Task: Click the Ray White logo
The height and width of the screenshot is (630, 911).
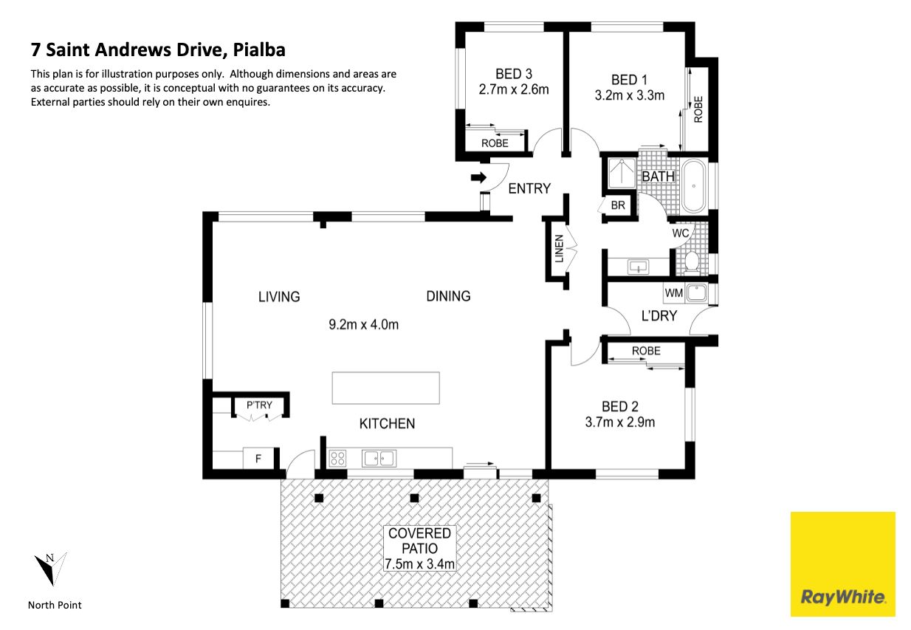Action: (842, 564)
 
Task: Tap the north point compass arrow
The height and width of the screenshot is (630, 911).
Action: (50, 569)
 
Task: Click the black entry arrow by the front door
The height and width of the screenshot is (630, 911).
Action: (478, 177)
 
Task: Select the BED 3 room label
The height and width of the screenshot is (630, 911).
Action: (514, 74)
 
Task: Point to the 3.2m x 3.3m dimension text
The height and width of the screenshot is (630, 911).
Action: (630, 95)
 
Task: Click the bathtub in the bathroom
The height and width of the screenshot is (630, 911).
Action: (694, 186)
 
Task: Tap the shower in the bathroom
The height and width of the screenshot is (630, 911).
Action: (622, 174)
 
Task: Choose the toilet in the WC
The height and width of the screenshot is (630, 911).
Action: (691, 261)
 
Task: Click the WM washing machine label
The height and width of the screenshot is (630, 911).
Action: (673, 293)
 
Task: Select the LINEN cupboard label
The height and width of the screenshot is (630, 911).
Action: (559, 249)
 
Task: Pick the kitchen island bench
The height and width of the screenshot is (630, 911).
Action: (385, 388)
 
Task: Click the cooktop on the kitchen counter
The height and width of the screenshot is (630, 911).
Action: (337, 458)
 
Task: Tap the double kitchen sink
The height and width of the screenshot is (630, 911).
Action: (379, 458)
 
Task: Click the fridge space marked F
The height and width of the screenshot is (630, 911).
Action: (258, 459)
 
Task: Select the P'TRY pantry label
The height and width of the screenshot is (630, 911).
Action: (259, 405)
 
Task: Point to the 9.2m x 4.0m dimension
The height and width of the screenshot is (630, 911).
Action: (363, 324)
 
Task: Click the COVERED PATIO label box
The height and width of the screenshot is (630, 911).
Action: (420, 548)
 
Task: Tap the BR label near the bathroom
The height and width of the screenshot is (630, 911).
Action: (618, 205)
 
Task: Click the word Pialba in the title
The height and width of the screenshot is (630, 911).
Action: (259, 50)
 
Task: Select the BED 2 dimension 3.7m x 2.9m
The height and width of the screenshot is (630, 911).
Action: (620, 422)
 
